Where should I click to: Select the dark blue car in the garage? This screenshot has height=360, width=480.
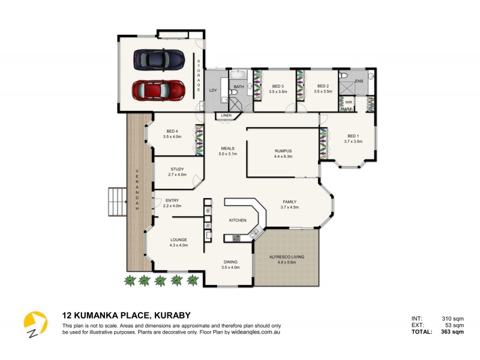[158, 59]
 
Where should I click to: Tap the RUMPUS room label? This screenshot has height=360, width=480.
[283, 151]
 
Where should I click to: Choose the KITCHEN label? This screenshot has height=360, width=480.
[238, 221]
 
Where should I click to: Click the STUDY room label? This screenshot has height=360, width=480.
[177, 169]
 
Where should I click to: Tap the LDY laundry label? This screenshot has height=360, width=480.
[212, 90]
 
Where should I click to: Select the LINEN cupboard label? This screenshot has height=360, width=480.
[226, 115]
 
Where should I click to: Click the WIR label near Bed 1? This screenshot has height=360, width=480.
[348, 102]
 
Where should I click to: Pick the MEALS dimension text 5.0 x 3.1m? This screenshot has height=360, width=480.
[227, 154]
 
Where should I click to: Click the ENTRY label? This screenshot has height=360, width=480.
[172, 200]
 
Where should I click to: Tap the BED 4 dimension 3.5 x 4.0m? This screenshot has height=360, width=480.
[172, 137]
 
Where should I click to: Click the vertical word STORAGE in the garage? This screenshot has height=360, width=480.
[199, 75]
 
